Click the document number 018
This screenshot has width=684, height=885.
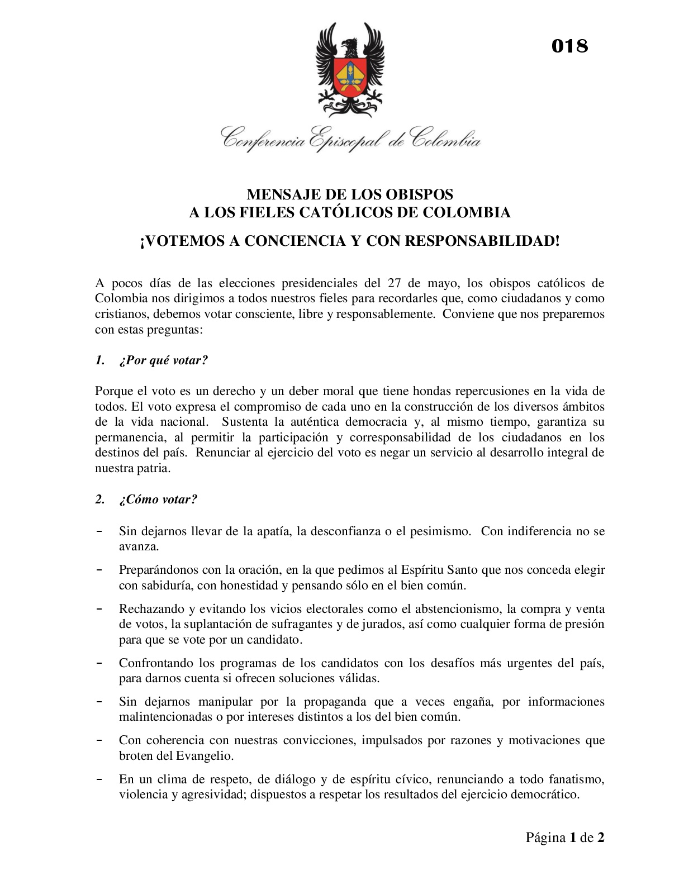click(569, 46)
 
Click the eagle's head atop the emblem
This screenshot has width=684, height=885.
click(349, 46)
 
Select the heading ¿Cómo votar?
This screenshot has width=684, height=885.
click(158, 499)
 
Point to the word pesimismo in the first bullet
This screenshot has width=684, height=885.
click(440, 531)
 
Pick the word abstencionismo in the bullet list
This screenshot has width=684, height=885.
click(455, 608)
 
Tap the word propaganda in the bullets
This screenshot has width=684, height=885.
click(335, 701)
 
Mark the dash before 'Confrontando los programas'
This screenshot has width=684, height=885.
click(99, 663)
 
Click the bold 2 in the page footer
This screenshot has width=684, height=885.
click(601, 837)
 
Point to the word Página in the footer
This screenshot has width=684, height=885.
click(545, 837)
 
